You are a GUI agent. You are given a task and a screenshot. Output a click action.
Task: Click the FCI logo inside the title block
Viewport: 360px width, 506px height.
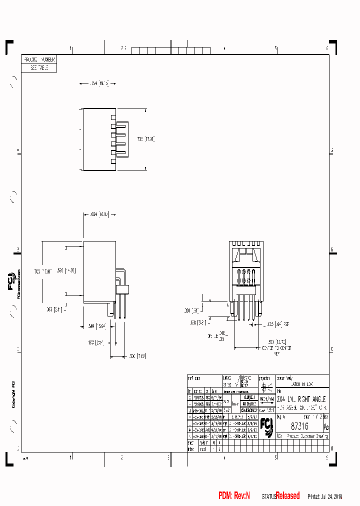pos(266,426)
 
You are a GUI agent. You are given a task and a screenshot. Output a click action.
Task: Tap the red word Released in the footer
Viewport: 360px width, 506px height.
pos(288,495)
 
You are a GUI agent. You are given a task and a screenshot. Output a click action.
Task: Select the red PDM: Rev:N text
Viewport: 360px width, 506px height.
pos(234,495)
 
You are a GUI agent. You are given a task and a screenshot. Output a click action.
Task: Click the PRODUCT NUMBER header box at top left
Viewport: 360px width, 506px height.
pos(39,59)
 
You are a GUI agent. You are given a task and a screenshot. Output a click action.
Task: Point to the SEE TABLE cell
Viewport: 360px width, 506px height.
pos(39,68)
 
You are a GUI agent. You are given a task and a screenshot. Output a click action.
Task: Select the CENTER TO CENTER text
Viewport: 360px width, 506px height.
pos(276,348)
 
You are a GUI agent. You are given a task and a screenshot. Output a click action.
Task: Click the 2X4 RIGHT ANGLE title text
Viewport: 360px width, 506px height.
pos(301,400)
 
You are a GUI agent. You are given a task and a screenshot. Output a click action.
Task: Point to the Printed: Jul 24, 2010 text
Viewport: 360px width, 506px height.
pos(324,496)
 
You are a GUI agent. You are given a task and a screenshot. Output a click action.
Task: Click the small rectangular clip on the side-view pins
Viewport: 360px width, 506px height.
pos(122,289)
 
